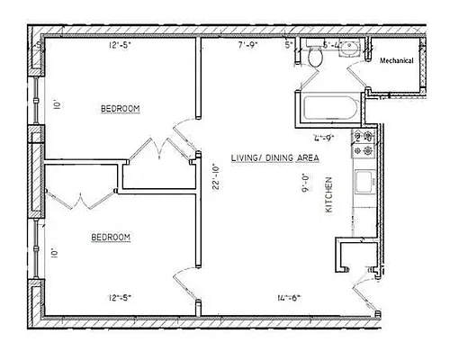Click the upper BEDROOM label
(x=120, y=109)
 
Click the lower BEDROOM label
(x=111, y=238)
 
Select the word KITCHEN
(x=328, y=193)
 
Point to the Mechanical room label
(x=396, y=61)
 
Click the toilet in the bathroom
(x=314, y=57)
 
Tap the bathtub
(x=330, y=109)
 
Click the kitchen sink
(x=365, y=184)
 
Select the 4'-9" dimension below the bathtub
(x=323, y=138)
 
